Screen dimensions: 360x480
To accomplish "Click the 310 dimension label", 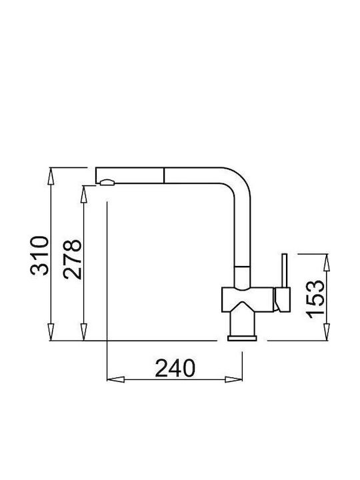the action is coord(39,255).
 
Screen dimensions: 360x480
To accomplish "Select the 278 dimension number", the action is coord(73,259).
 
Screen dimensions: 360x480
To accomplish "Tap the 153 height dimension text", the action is coord(315,299).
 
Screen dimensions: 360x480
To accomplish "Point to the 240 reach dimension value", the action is coord(175,368).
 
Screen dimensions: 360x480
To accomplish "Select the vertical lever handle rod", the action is coord(285,271).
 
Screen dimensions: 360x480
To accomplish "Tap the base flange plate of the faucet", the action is coord(242,338).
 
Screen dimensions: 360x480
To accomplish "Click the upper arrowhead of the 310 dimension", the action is coord(51,176).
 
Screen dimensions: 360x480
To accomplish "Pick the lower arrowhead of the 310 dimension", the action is coord(51,332).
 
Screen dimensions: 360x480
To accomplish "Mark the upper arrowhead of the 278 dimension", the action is coord(83,194).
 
